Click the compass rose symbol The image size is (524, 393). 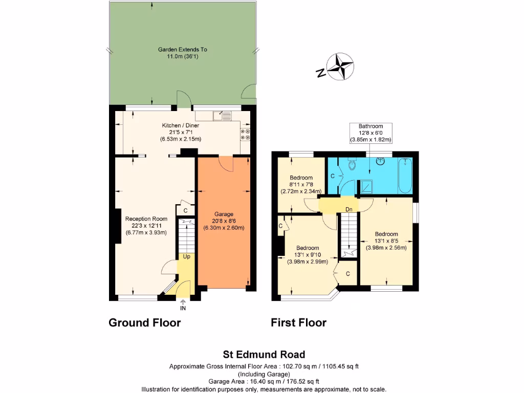tap(341, 67)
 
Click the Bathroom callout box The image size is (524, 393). tap(370, 133)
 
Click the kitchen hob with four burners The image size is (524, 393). tap(245, 134)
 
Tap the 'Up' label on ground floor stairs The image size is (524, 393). tap(186, 256)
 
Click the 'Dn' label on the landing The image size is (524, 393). tap(348, 209)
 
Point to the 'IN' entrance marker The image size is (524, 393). tap(183, 308)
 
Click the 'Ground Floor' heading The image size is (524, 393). tap(145, 323)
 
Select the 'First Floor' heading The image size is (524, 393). tap(298, 323)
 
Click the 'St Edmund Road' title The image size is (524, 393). tap(264, 354)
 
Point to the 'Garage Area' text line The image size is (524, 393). tap(264, 381)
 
